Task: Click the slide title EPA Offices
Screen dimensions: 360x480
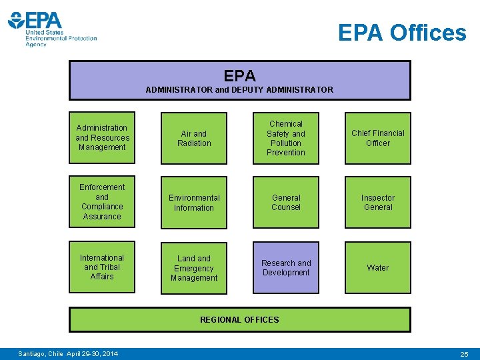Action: pos(402,32)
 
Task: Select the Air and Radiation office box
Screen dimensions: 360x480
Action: pos(194,138)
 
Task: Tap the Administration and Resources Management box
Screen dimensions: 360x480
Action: pos(102,137)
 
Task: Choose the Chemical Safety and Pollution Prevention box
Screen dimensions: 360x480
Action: pos(286,138)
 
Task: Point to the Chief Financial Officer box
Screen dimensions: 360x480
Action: pos(378,138)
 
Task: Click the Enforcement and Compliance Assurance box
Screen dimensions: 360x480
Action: pos(102,201)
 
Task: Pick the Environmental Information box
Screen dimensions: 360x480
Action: pos(194,203)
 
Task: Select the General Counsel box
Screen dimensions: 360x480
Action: pos(286,202)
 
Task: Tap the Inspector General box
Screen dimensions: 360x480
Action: pos(378,202)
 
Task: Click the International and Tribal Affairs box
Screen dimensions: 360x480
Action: pos(102,267)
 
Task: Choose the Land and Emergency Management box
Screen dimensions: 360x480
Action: pos(194,268)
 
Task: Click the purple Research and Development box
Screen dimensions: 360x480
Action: pos(286,267)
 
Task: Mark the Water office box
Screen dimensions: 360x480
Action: pos(378,267)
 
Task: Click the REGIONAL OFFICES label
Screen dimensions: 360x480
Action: pos(240,319)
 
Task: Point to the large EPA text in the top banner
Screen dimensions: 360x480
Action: pos(240,76)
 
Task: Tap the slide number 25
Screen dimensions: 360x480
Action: pos(464,353)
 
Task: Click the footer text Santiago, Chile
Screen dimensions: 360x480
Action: pos(41,353)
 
